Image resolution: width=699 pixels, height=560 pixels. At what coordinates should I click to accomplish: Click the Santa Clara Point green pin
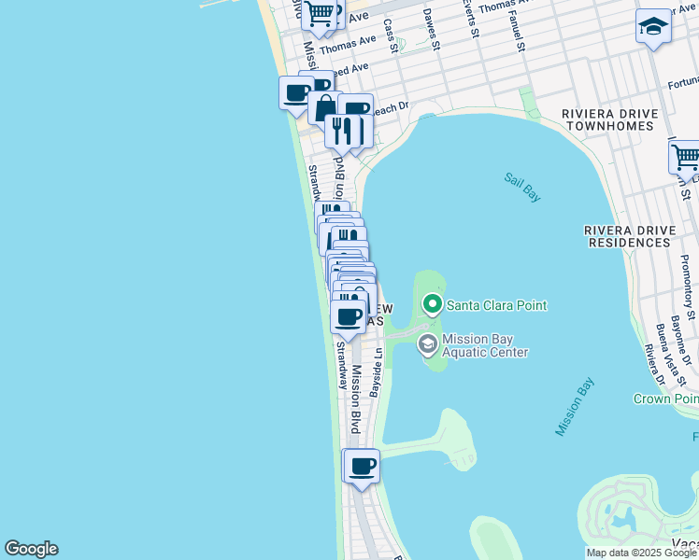(432, 304)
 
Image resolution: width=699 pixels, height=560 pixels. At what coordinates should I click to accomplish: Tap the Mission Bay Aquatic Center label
(485, 345)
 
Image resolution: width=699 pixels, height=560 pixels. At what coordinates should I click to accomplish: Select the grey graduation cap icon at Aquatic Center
(428, 344)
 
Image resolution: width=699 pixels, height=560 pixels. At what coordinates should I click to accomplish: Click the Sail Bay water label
(522, 187)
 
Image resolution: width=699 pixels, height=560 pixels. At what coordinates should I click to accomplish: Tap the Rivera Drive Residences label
(640, 235)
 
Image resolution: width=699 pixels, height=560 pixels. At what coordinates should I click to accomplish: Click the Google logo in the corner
(31, 549)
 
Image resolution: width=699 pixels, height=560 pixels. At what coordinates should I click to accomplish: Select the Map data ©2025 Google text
(641, 553)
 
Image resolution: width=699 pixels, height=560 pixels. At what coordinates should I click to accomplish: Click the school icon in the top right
(653, 27)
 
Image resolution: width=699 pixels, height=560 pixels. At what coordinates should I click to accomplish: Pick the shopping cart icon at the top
(320, 13)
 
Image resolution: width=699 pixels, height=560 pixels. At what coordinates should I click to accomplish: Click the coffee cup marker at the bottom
(362, 465)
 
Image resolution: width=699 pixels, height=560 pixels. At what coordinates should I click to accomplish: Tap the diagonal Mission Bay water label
(575, 407)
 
